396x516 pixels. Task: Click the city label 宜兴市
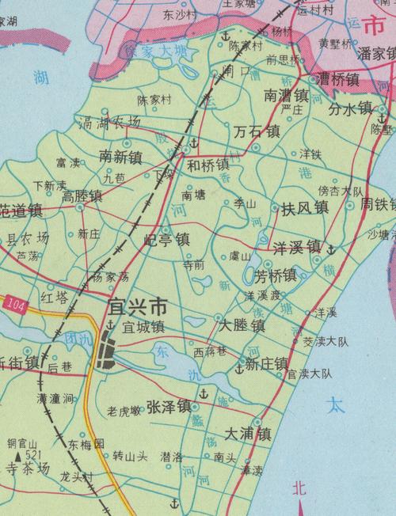(x=137, y=305)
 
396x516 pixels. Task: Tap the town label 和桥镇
(x=208, y=165)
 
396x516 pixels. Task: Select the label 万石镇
(x=257, y=131)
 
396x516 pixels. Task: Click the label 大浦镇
(x=248, y=434)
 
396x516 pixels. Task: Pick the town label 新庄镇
(x=266, y=364)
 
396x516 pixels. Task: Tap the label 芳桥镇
(x=275, y=275)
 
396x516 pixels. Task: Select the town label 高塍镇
(x=82, y=195)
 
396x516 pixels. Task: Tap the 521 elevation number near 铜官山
(x=31, y=456)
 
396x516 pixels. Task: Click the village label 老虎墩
(x=124, y=410)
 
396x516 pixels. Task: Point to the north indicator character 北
(x=298, y=490)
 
